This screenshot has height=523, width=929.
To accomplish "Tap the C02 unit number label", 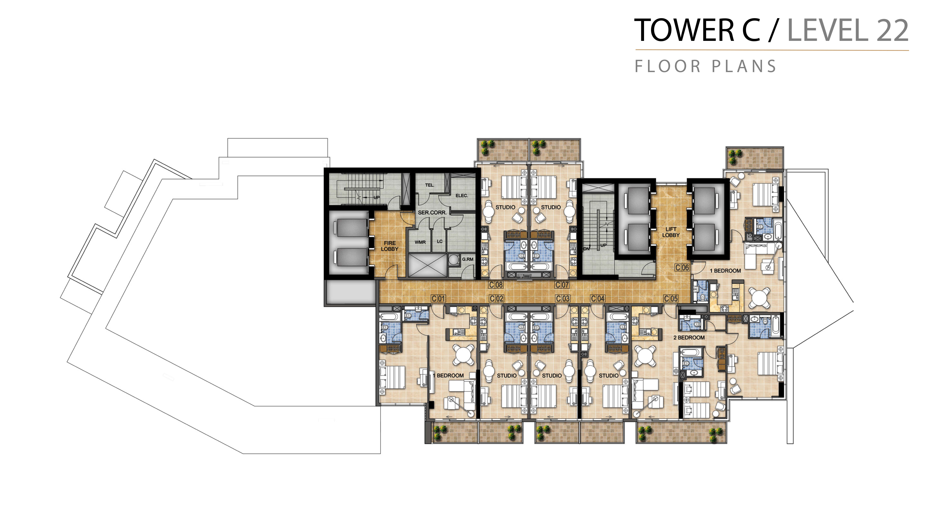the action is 497,299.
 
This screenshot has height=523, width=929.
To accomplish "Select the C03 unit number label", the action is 563,299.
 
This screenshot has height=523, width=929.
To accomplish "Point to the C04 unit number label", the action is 598,299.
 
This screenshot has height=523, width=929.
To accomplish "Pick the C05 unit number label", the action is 671,299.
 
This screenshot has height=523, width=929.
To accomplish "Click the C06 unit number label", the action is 682,267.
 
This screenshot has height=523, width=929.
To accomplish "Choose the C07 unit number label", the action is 562,285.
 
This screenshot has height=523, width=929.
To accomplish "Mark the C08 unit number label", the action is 496,285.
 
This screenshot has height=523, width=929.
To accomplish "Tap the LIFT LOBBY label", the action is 671,232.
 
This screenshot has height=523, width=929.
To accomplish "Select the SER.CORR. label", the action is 432,213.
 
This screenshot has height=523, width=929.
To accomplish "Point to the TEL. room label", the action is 429,185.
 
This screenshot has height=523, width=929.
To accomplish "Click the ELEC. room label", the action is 462,196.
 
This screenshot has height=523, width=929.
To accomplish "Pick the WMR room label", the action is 420,242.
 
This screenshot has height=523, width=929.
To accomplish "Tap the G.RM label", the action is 468,259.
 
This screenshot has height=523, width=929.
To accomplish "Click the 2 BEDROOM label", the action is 689,338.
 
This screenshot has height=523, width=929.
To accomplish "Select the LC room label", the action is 440,241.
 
